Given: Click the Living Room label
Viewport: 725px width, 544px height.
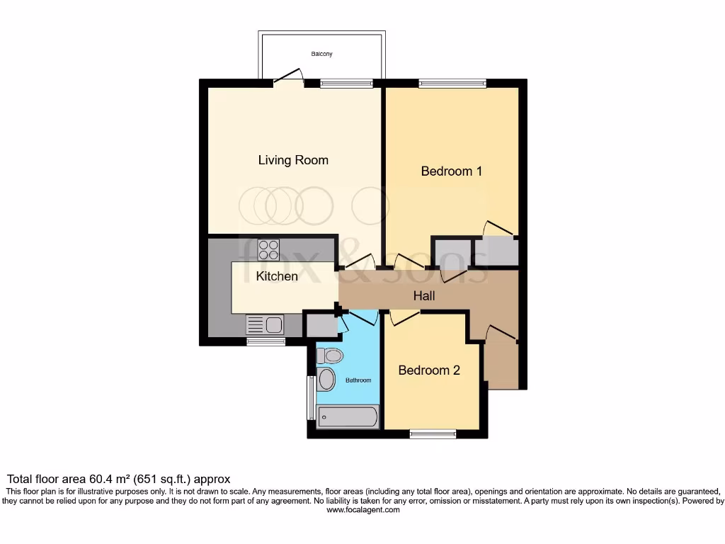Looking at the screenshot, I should (293, 160).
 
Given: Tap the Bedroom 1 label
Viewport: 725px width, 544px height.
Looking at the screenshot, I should (452, 171).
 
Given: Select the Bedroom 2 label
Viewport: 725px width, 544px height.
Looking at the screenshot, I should (429, 370).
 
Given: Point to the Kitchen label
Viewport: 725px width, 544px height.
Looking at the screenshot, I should (277, 276).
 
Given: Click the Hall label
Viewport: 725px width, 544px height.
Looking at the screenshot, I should (424, 296).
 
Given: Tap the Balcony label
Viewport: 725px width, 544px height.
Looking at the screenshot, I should (321, 54).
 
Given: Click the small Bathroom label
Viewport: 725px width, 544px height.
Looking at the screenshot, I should (358, 380).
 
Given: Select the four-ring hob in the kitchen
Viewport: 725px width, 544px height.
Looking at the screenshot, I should (268, 249).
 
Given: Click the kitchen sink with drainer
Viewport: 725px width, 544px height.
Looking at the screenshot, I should (264, 325).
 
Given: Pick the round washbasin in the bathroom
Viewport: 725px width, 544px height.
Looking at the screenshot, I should (326, 380).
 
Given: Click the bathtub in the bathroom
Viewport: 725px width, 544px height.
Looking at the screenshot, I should (348, 417).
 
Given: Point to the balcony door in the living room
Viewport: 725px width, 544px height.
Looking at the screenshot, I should (288, 77).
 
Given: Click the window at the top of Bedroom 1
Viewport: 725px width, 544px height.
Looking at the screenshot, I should (452, 83).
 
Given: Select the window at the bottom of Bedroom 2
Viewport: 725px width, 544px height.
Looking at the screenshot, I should (433, 433).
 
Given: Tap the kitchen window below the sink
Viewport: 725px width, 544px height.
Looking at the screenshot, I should (266, 341).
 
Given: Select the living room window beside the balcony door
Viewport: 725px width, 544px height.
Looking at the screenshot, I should (346, 83).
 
